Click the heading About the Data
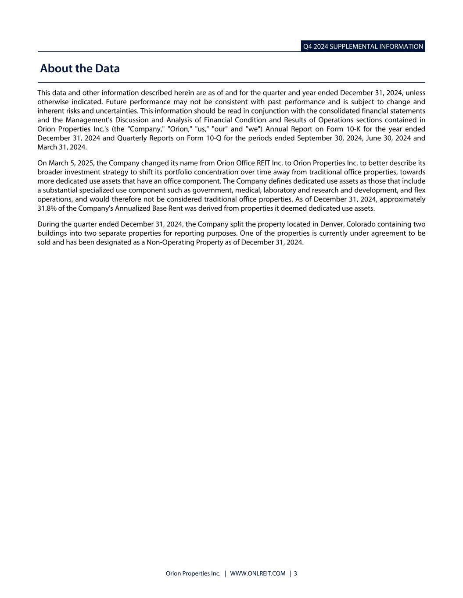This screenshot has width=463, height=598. click(x=79, y=69)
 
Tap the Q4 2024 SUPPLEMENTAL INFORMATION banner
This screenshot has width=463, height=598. click(x=363, y=46)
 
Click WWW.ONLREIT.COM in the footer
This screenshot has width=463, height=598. click(x=258, y=573)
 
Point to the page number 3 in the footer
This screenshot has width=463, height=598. click(x=295, y=573)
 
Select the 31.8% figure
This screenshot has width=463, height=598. click(x=47, y=208)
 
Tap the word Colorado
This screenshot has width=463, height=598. click(x=361, y=224)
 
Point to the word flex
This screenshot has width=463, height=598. click(x=419, y=190)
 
